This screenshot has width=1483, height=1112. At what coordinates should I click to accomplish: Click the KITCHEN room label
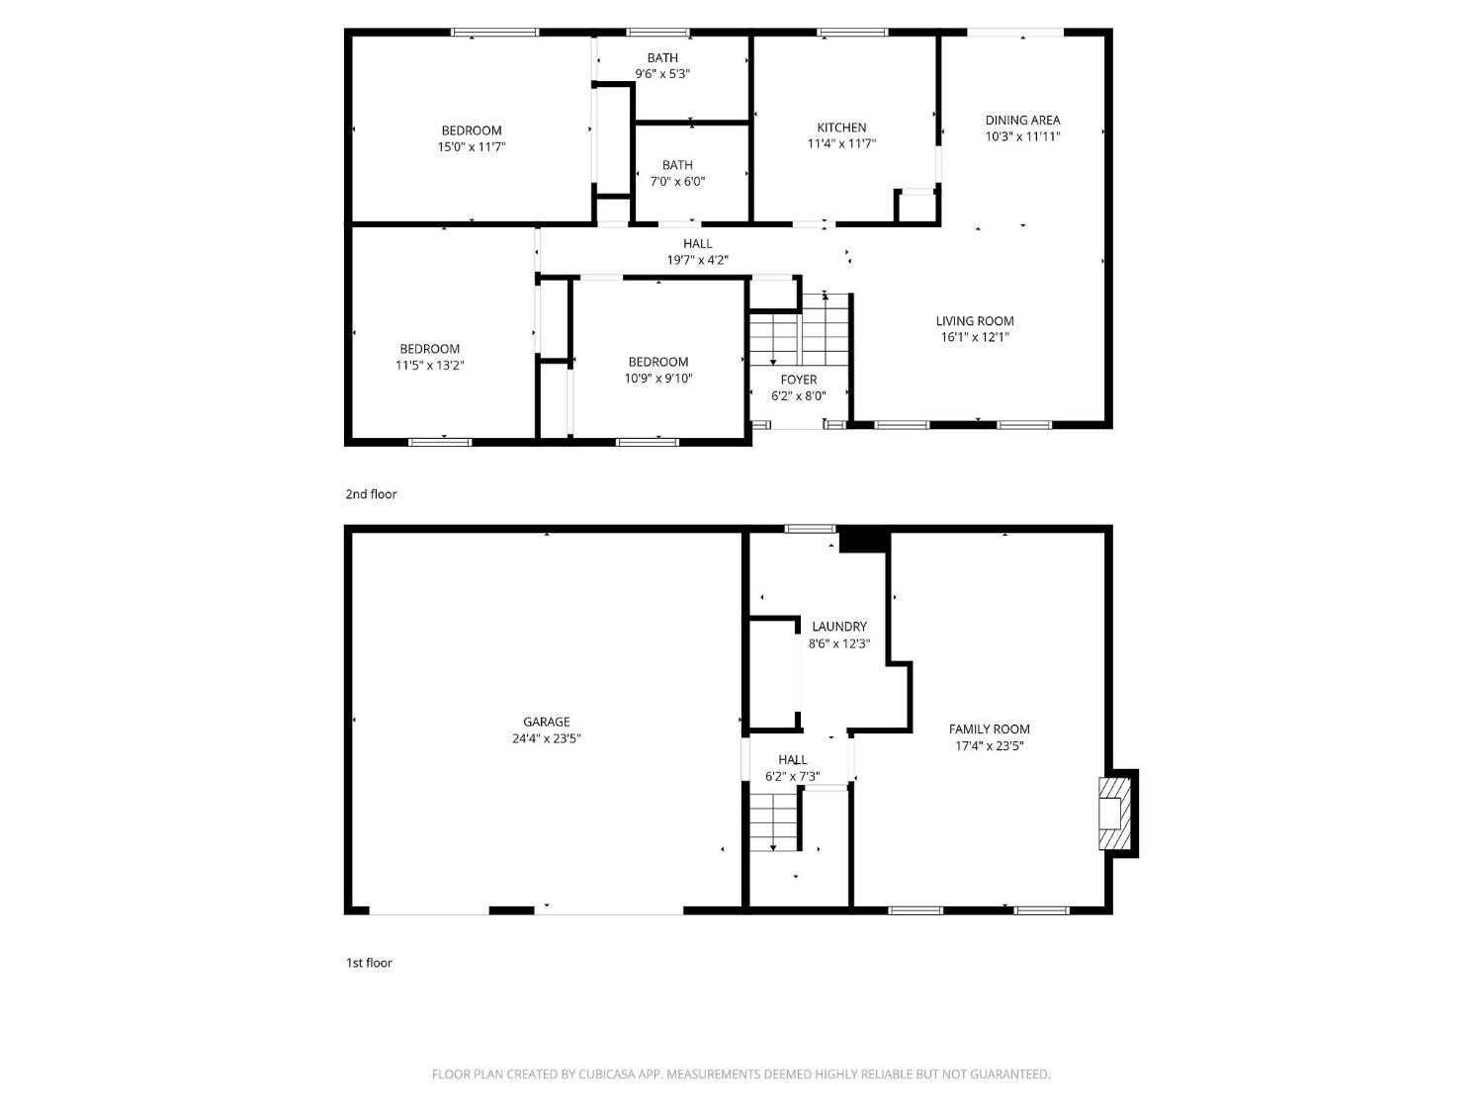[x=841, y=128]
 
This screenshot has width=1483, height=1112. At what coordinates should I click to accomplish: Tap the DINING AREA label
[x=1022, y=121]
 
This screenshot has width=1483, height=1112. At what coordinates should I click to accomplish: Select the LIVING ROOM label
[x=974, y=321]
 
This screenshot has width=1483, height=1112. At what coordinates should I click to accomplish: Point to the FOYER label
[x=799, y=380]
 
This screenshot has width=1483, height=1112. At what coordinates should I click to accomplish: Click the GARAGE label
[x=546, y=722]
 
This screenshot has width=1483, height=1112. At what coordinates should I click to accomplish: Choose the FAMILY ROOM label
[x=989, y=729]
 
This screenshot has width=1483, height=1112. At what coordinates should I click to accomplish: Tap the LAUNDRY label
[x=839, y=627]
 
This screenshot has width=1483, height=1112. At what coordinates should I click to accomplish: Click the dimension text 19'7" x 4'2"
[x=697, y=260]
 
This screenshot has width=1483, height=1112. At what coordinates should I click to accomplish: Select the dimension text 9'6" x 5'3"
[x=662, y=73]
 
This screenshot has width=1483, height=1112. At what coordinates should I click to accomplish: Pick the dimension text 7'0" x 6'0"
[x=677, y=181]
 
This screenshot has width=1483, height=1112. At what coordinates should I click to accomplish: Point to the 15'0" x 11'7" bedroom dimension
[x=472, y=146]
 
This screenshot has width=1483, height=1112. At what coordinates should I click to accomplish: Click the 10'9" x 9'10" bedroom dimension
[x=658, y=379]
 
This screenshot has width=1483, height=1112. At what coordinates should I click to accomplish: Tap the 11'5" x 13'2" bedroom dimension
[x=430, y=366]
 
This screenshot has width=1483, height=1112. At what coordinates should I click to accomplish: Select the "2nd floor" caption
[x=371, y=494]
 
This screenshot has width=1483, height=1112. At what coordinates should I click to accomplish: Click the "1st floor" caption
[x=369, y=963]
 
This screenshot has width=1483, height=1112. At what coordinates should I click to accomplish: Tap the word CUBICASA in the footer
[x=607, y=1074]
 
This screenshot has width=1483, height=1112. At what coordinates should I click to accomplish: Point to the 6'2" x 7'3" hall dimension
[x=793, y=777]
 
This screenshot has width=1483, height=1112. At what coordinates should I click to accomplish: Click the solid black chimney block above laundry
[x=863, y=539]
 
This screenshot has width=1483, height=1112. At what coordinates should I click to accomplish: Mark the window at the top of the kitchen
[x=852, y=32]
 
